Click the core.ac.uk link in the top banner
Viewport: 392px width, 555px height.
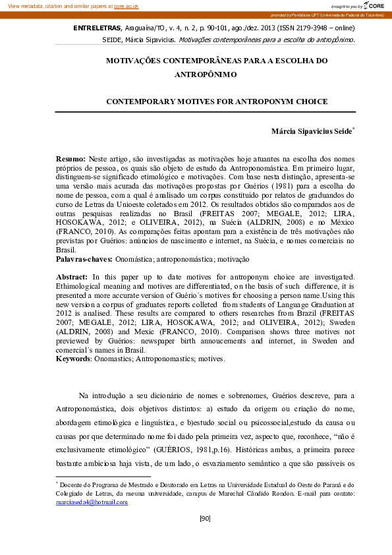click(x=126, y=5)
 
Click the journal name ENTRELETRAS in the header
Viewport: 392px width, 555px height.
click(x=96, y=29)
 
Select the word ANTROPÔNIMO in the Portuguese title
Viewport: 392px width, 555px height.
click(x=205, y=74)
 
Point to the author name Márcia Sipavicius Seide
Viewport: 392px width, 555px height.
click(x=312, y=131)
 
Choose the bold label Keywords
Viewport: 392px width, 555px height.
click(x=72, y=359)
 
